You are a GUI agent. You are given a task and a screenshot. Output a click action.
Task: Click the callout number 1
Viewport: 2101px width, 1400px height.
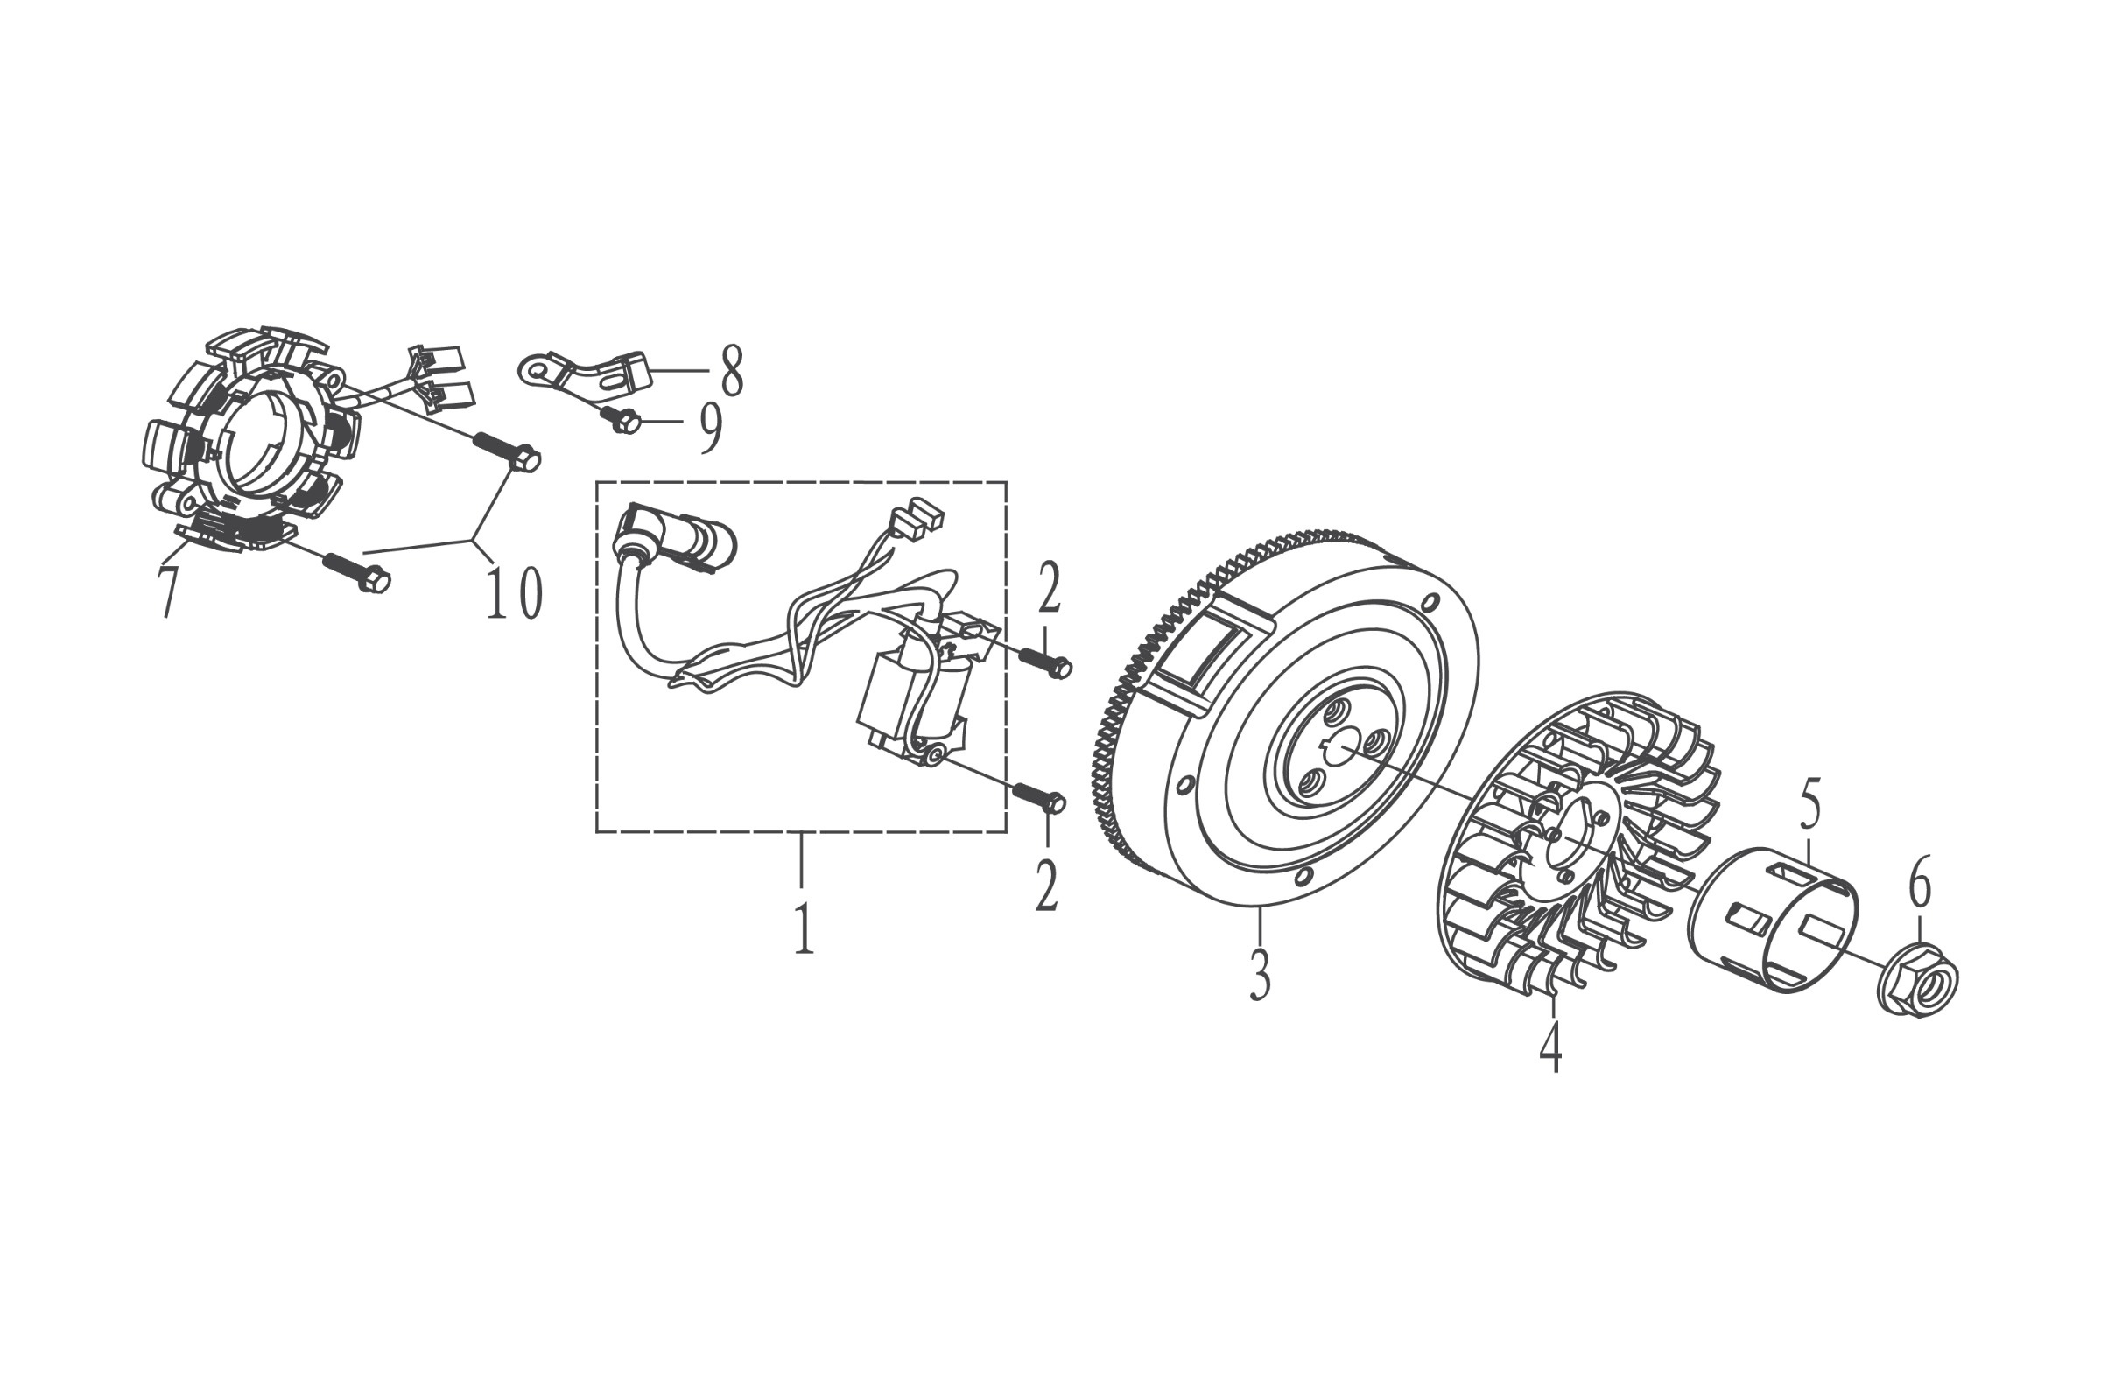(804, 928)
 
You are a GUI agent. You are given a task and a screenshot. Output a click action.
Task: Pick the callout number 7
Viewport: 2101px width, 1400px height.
(168, 589)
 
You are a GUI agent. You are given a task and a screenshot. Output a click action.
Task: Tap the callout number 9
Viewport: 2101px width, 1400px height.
(710, 427)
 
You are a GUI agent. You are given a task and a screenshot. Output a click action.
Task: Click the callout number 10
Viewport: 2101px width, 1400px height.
(514, 592)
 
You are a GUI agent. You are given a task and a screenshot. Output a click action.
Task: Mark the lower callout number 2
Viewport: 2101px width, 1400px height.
(1047, 885)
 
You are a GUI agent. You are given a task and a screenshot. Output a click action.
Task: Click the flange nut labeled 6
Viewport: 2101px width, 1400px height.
(1918, 978)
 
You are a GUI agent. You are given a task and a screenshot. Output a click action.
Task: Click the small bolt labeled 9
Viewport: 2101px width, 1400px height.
(622, 418)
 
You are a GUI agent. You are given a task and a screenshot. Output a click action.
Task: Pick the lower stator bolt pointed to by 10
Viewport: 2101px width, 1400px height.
(356, 571)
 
